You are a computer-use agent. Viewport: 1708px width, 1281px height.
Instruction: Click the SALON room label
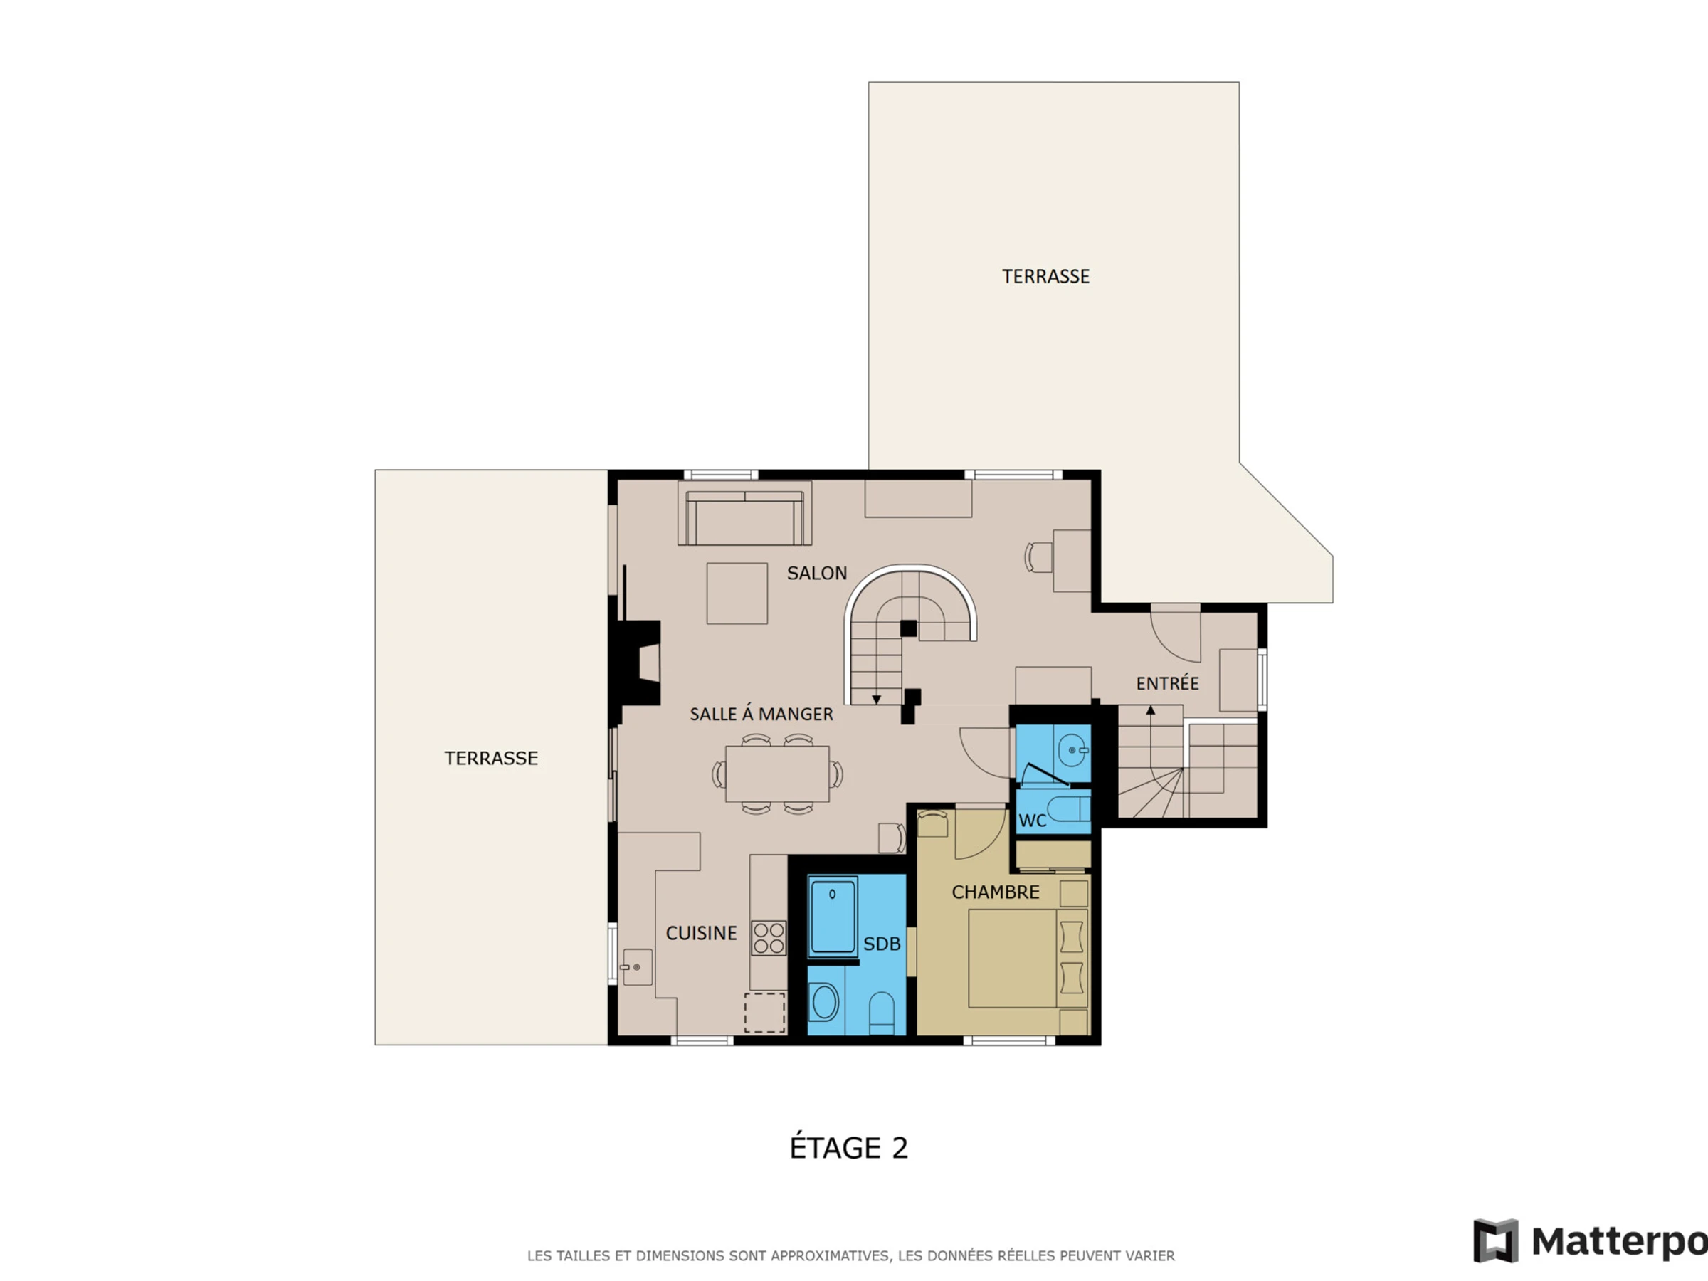click(817, 573)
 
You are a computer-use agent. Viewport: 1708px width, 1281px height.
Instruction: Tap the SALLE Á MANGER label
click(761, 714)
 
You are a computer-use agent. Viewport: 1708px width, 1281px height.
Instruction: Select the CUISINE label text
click(701, 933)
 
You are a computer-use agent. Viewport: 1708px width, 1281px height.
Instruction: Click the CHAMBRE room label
click(996, 892)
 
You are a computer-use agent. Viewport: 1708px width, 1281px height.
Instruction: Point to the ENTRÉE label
click(1168, 682)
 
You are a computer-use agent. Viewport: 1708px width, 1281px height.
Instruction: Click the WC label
click(1033, 821)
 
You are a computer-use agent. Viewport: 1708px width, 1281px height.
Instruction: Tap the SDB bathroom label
click(882, 944)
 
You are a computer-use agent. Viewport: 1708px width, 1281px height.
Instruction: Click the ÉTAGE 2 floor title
click(848, 1147)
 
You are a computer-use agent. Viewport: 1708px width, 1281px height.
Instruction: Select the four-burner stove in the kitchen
click(769, 938)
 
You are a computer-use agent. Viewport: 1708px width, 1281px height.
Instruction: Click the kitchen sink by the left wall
click(637, 967)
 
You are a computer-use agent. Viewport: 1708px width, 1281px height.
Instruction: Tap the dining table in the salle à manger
click(777, 774)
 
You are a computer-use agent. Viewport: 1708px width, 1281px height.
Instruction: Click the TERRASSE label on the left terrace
click(491, 758)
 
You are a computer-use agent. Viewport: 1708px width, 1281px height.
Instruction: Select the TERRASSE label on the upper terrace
click(1045, 276)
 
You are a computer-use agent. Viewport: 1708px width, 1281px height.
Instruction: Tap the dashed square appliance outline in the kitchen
click(764, 1012)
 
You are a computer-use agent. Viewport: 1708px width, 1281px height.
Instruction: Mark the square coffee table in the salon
click(737, 593)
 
